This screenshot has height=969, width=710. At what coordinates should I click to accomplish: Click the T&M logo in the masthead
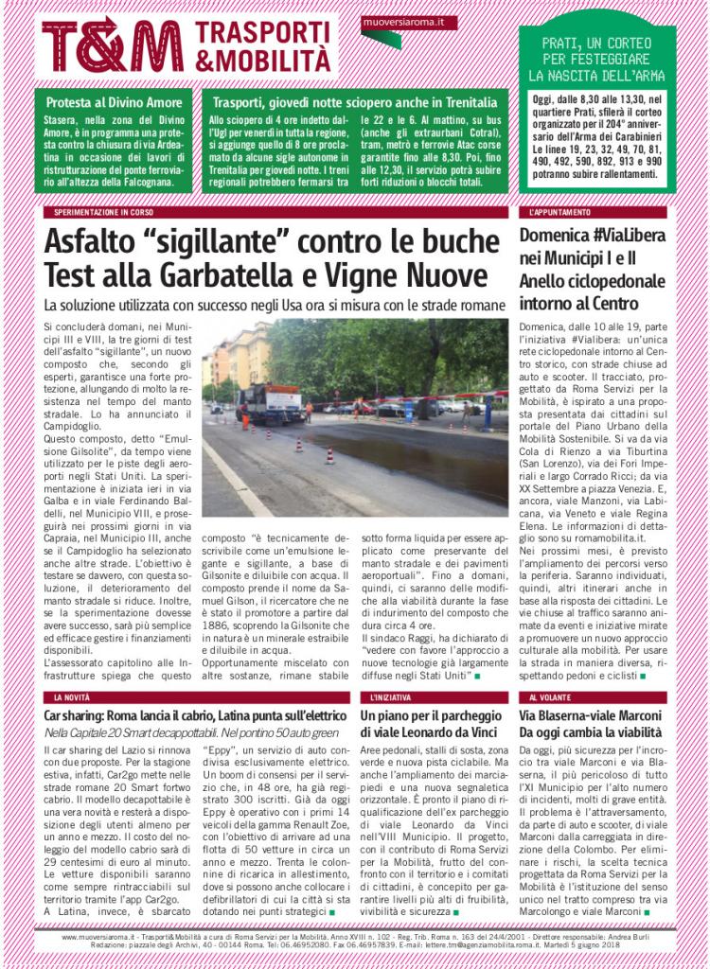point(112,44)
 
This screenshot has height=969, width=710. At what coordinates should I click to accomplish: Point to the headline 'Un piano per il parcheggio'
point(431,716)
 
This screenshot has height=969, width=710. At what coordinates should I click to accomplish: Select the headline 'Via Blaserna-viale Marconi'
point(588,716)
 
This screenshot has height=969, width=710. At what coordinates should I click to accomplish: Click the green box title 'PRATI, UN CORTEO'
point(597,44)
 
